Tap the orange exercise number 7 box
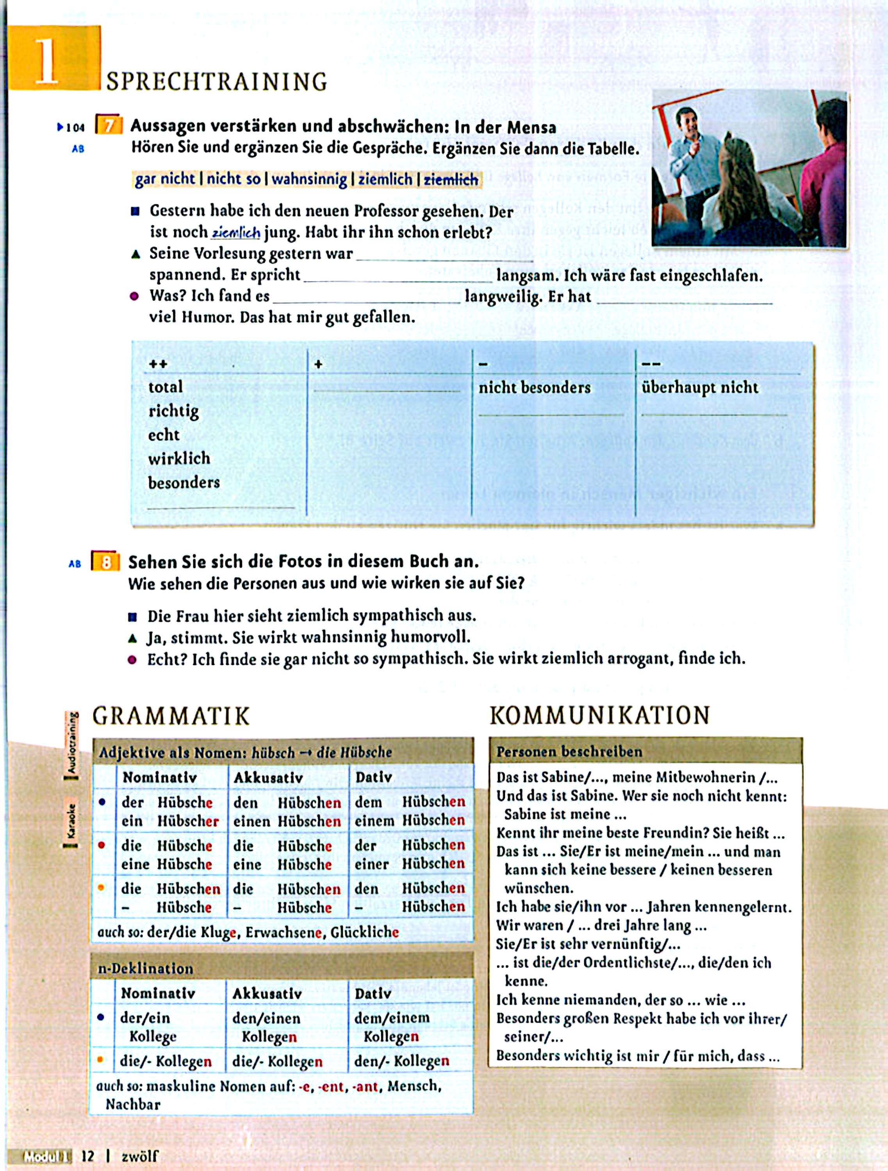(109, 126)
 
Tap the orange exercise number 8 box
(106, 562)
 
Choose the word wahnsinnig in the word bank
(310, 180)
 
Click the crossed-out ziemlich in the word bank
(451, 180)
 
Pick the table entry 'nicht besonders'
(534, 388)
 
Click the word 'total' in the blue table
(165, 387)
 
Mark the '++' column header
(158, 364)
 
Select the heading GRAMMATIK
(171, 716)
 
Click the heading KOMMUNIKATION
(599, 715)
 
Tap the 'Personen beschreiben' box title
(569, 752)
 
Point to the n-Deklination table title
(146, 968)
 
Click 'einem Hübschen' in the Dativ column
(409, 820)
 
